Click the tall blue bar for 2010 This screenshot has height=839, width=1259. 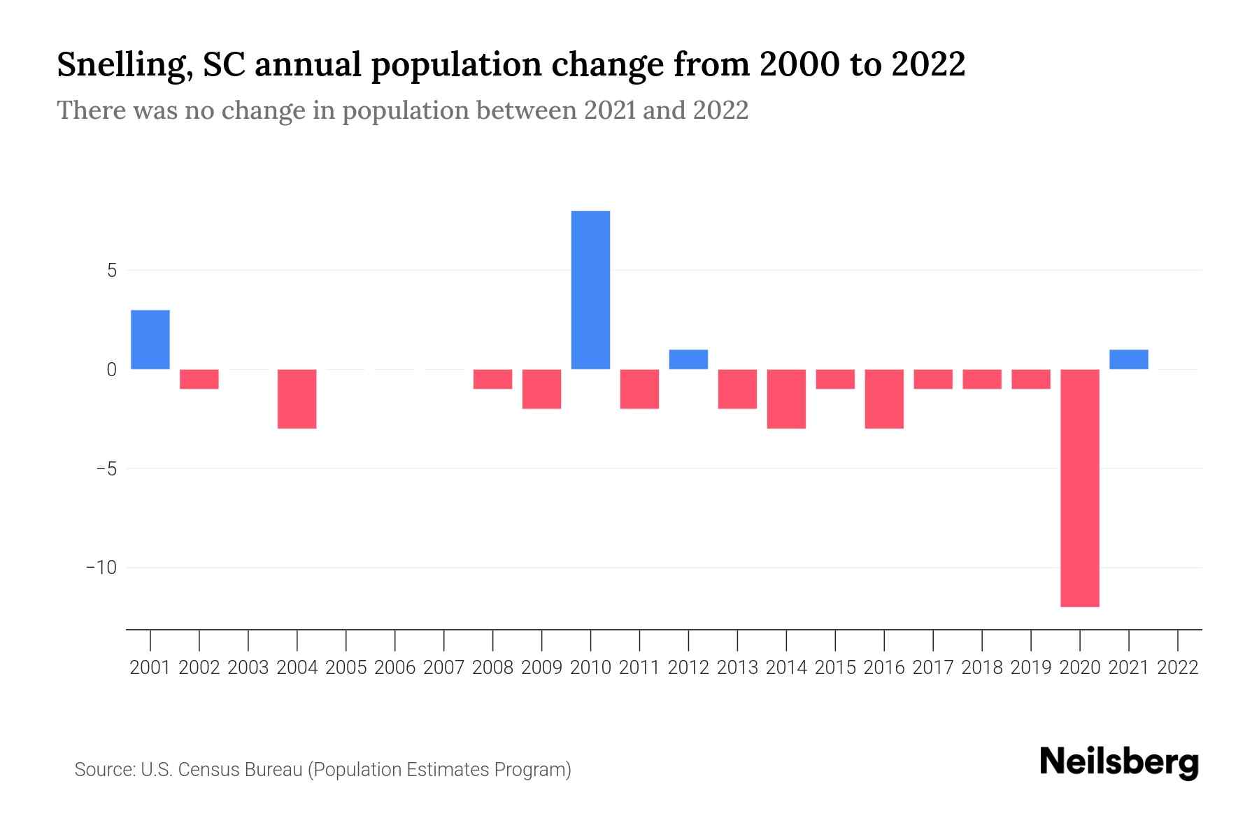(x=590, y=290)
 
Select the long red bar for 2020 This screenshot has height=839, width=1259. (x=1079, y=487)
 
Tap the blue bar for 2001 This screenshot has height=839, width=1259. (x=150, y=339)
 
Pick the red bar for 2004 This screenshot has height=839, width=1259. (x=297, y=399)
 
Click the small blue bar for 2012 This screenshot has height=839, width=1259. (x=688, y=359)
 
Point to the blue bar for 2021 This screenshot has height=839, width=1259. (x=1128, y=359)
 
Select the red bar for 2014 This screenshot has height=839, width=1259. (x=786, y=399)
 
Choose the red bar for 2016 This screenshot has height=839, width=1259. (x=884, y=399)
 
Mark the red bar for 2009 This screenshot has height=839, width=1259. (x=541, y=389)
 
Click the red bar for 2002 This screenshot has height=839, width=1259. (x=199, y=379)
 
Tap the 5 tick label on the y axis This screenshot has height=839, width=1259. (x=112, y=271)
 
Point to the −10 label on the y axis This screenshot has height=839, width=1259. (x=102, y=567)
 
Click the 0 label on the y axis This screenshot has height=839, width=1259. (x=112, y=369)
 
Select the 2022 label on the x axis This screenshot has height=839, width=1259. (x=1177, y=668)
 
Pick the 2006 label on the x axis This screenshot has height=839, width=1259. (x=395, y=668)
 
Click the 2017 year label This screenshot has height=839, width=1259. (x=933, y=668)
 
